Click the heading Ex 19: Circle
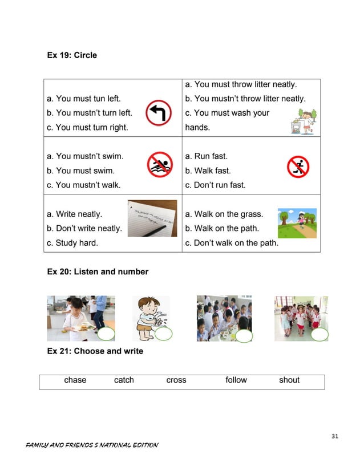pyautogui.click(x=72, y=55)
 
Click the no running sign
pyautogui.click(x=298, y=167)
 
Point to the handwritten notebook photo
pyautogui.click(x=152, y=218)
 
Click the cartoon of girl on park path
pyautogui.click(x=297, y=223)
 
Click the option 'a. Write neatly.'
pyautogui.click(x=75, y=214)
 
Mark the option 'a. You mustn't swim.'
pyautogui.click(x=85, y=156)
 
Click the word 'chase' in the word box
pyautogui.click(x=75, y=380)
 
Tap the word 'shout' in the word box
pyautogui.click(x=289, y=380)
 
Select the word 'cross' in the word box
pyautogui.click(x=176, y=380)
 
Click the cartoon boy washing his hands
pyautogui.click(x=150, y=316)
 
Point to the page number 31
pyautogui.click(x=335, y=437)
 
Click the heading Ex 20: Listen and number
pyautogui.click(x=98, y=272)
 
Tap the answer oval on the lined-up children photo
pyautogui.click(x=319, y=335)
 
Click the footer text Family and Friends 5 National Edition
pyautogui.click(x=92, y=445)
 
